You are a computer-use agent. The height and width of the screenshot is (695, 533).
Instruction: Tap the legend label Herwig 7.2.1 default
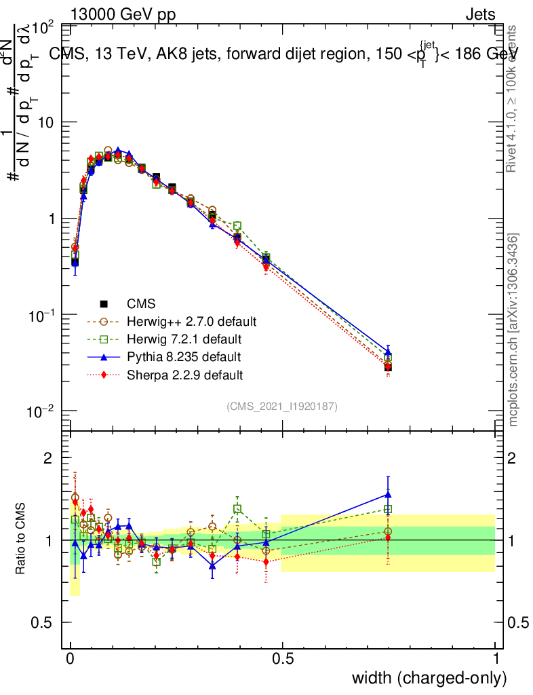coord(184,339)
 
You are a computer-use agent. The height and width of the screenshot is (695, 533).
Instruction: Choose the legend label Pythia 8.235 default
coord(183,356)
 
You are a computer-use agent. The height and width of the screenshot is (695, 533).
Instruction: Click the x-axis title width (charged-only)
coord(429,677)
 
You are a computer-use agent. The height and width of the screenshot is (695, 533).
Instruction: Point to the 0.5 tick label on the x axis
coord(283,658)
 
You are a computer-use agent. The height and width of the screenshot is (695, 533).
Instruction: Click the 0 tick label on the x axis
coord(71,658)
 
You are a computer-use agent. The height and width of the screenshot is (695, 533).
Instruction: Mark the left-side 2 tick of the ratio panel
coord(48,458)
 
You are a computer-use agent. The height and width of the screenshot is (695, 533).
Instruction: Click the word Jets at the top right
coord(479,14)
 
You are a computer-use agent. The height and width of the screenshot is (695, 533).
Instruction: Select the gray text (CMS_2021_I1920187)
coord(282,406)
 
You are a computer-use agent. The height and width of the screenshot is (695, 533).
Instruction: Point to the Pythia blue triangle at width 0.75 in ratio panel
coord(388,495)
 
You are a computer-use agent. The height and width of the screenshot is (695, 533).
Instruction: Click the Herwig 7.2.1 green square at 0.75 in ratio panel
coord(388,509)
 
